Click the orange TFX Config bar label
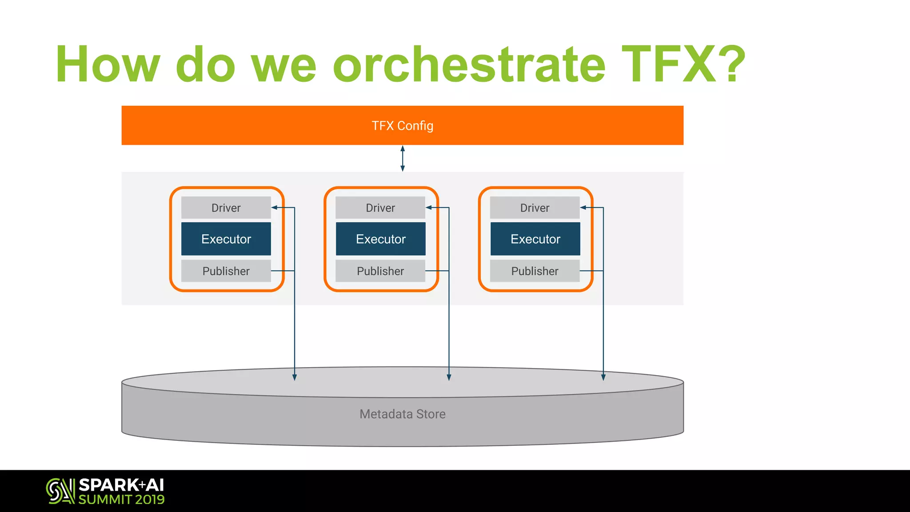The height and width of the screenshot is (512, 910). coord(402,126)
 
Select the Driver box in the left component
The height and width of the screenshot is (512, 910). coord(226,208)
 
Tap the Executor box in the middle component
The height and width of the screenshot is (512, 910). coord(380,239)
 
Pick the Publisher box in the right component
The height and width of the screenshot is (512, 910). coord(535,271)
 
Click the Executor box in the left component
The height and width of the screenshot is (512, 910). coord(226,239)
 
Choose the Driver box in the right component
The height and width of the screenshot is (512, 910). coord(535,208)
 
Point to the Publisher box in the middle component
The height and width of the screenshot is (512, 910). coord(380,271)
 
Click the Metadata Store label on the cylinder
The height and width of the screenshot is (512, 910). coord(402,414)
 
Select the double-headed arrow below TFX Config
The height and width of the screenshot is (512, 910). coord(403,159)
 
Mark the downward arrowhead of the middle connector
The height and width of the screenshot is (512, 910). coord(449,377)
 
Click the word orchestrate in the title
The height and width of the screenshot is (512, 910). coord(469,64)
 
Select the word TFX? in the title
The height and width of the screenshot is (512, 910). coord(683,64)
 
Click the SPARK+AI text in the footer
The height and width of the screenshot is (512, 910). coord(121,485)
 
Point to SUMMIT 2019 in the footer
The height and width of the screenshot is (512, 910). coord(121,500)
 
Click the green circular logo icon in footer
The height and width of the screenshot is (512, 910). coord(60,491)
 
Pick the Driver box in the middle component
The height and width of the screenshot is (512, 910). coord(380,208)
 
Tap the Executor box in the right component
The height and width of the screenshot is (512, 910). coord(535,239)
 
